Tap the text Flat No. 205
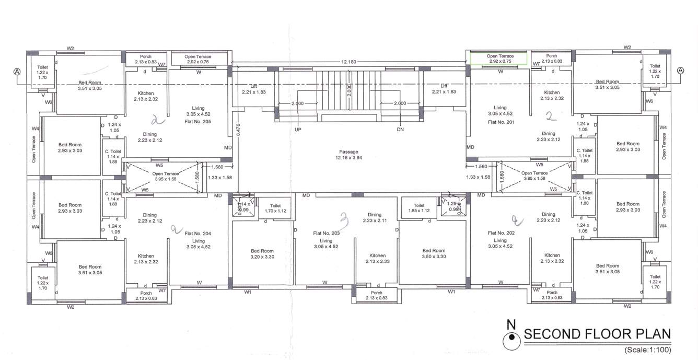pos(198,121)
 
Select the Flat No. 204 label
pos(198,233)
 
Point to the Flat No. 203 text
pos(327,233)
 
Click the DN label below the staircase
pos(401,129)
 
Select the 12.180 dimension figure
pos(348,62)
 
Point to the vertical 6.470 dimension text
pos(238,130)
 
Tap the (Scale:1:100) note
pos(647,350)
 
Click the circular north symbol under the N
pos(511,341)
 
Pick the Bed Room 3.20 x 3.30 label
pos(262,253)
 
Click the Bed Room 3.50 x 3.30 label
pos(434,253)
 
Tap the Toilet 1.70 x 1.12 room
pos(275,208)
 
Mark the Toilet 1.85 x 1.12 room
pos(419,208)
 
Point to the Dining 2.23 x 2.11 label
pos(375,218)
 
